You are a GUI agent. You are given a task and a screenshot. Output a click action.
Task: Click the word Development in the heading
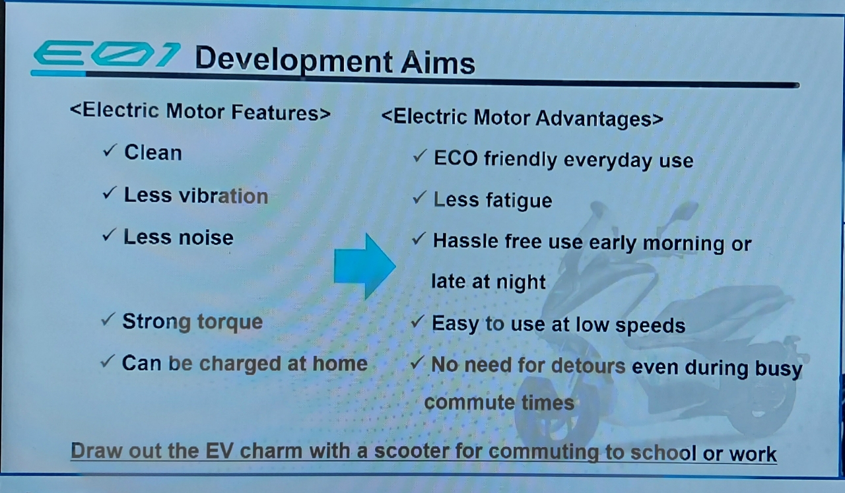click(x=294, y=61)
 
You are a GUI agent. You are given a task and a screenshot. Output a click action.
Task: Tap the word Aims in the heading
click(x=438, y=63)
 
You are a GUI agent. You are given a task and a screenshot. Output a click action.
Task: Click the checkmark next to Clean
click(x=110, y=150)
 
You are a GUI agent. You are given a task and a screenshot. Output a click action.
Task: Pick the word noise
click(x=206, y=238)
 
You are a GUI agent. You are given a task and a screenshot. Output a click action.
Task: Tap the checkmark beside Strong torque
click(x=108, y=319)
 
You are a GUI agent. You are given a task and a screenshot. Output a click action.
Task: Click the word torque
click(x=230, y=323)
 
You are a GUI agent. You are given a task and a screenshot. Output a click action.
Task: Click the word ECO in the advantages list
click(x=456, y=158)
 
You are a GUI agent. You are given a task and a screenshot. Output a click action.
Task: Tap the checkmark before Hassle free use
click(x=419, y=239)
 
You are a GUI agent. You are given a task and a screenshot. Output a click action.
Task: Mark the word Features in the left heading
click(x=276, y=112)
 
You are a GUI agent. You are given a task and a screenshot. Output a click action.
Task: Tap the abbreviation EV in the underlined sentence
click(x=219, y=451)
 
